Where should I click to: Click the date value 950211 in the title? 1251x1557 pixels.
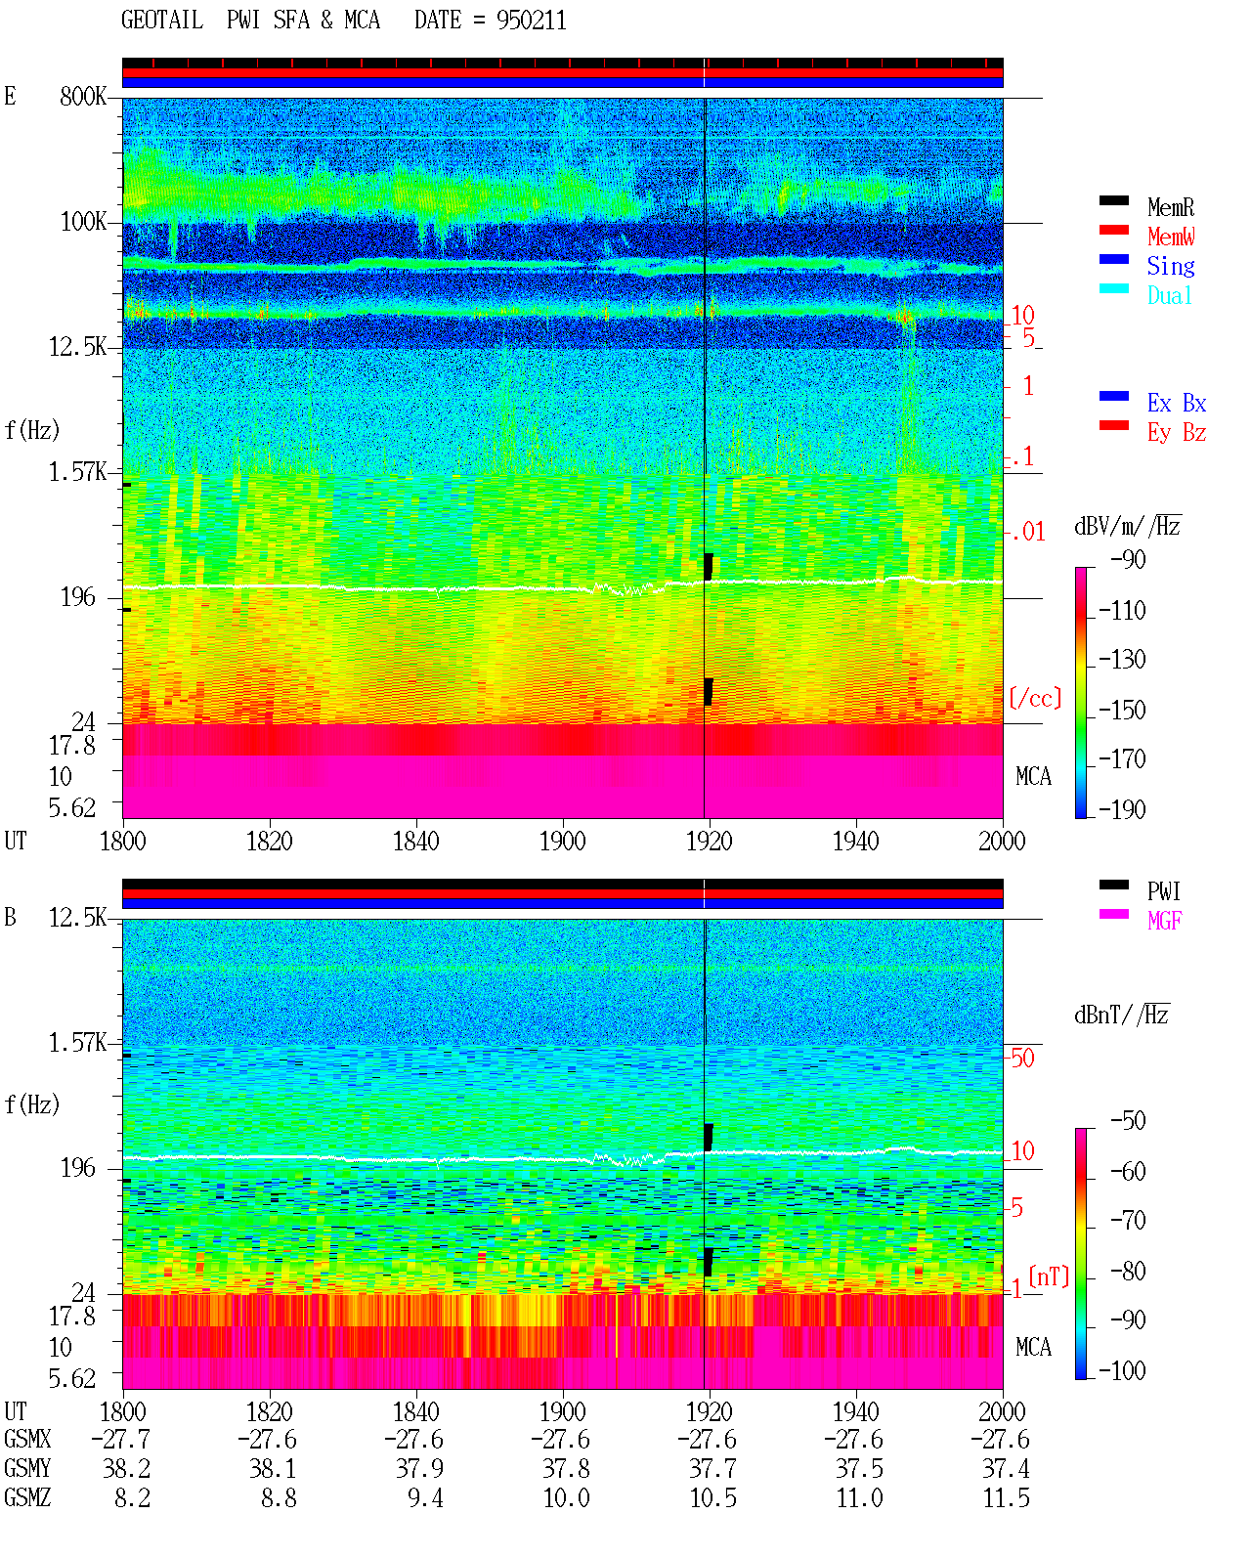pos(531,21)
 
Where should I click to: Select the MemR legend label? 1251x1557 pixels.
pos(1170,207)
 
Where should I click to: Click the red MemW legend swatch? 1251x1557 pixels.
pos(1113,230)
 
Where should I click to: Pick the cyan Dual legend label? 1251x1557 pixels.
pos(1169,295)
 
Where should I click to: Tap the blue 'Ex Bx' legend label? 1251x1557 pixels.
pos(1177,403)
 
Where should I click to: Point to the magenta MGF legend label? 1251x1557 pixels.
pos(1164,921)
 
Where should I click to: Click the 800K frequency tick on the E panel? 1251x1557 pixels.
pos(83,96)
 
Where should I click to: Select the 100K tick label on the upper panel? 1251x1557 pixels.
pos(83,222)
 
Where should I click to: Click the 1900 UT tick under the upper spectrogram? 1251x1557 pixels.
pos(562,841)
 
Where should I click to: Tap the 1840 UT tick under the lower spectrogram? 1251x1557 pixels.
pos(416,1410)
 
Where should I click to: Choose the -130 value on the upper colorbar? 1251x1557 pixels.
pos(1122,659)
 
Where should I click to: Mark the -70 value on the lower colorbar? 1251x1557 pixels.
pos(1128,1220)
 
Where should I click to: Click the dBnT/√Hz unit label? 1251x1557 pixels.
pos(1121,1016)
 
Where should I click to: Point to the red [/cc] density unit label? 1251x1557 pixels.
pos(1035,698)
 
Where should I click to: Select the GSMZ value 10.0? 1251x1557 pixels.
pos(567,1497)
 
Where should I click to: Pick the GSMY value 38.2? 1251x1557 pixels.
pos(127,1469)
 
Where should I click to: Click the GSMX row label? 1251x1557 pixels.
pos(27,1439)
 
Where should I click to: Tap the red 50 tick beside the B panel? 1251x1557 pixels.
pos(1022,1058)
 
